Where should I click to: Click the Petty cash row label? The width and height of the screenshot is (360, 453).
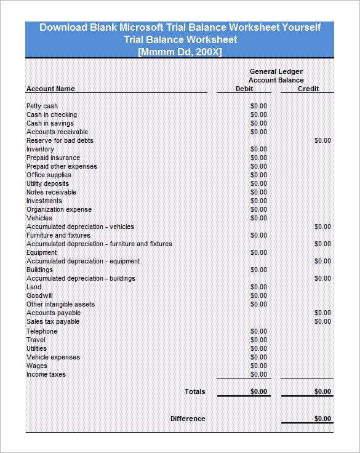click(42, 106)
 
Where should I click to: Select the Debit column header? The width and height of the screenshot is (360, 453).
click(244, 89)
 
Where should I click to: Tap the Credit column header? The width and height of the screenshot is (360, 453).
click(308, 89)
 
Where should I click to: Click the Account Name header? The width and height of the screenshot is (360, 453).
click(50, 89)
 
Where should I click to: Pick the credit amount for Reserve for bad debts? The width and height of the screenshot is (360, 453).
click(322, 140)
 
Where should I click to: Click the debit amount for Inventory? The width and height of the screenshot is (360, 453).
click(258, 149)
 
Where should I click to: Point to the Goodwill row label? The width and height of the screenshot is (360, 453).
click(39, 295)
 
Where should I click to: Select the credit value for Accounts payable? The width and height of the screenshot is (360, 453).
click(322, 313)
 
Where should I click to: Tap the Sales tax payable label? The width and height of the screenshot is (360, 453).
click(53, 321)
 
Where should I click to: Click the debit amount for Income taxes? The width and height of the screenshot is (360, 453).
click(258, 374)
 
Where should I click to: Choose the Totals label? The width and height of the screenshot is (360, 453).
click(195, 391)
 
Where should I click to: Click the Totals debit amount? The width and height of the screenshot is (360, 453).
click(258, 391)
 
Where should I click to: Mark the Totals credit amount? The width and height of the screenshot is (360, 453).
click(322, 391)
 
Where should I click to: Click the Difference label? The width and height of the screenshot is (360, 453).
click(188, 419)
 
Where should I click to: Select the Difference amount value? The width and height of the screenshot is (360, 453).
click(322, 419)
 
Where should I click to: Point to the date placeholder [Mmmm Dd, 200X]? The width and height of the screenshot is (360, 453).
click(180, 52)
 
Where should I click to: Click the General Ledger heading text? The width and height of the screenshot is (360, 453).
click(276, 71)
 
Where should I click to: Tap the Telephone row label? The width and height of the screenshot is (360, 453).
click(41, 331)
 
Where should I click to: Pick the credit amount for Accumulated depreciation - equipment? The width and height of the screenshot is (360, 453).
click(322, 261)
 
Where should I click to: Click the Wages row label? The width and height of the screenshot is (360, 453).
click(37, 366)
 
